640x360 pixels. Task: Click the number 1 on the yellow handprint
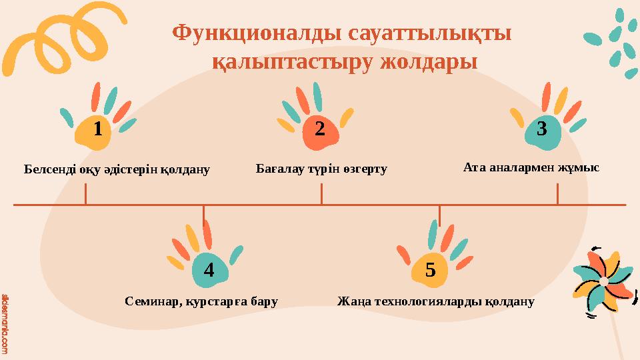tap(98, 129)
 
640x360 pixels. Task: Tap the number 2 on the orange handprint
tap(319, 129)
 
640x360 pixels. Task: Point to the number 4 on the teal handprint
tap(209, 270)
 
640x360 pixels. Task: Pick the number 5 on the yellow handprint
tap(430, 270)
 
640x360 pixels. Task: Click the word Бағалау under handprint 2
tap(279, 169)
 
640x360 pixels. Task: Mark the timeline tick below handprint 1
tap(85, 194)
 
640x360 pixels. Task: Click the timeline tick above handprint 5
tap(439, 215)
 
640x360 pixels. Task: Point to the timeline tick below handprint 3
tap(557, 194)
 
